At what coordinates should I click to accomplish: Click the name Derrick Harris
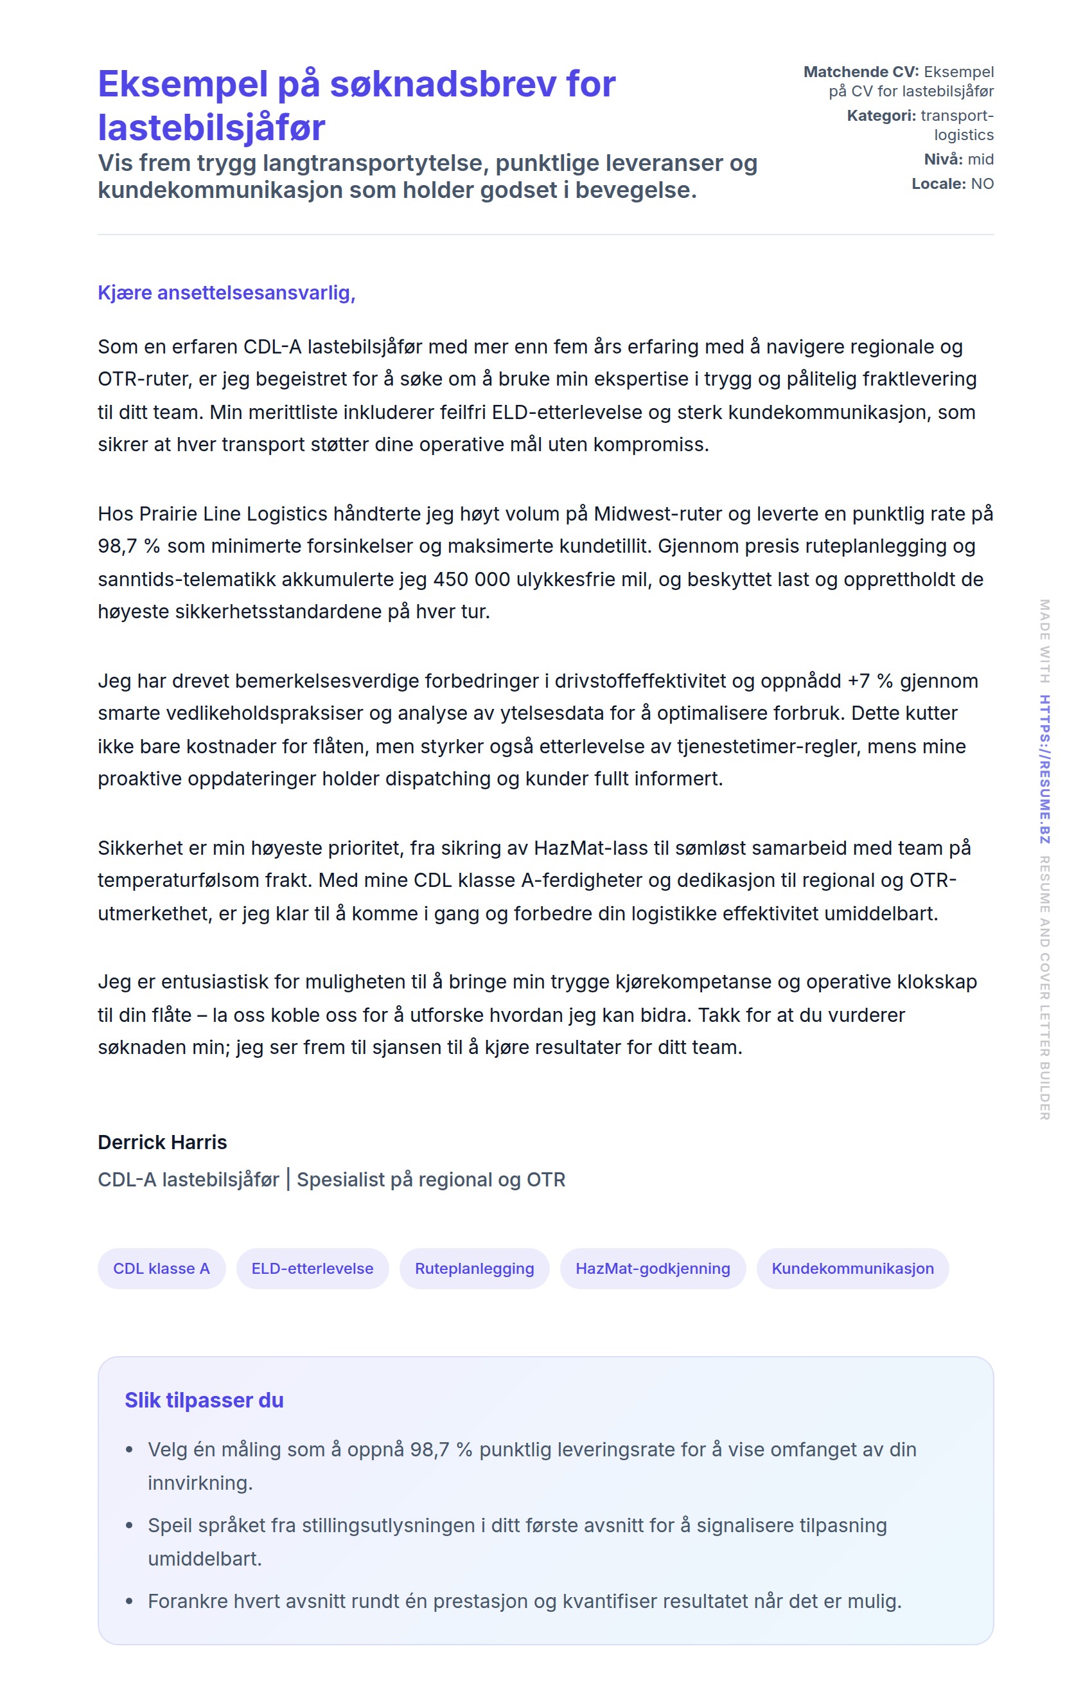coord(163,1141)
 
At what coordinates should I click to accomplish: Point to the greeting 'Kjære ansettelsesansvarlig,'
coord(226,292)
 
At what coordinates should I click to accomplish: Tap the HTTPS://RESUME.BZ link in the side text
coord(1044,769)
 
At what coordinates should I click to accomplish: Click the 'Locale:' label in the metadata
coord(938,184)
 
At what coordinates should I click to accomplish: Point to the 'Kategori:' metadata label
coord(881,116)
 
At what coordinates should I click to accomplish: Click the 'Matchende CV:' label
coord(860,71)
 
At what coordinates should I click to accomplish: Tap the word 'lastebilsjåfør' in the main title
coord(211,128)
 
